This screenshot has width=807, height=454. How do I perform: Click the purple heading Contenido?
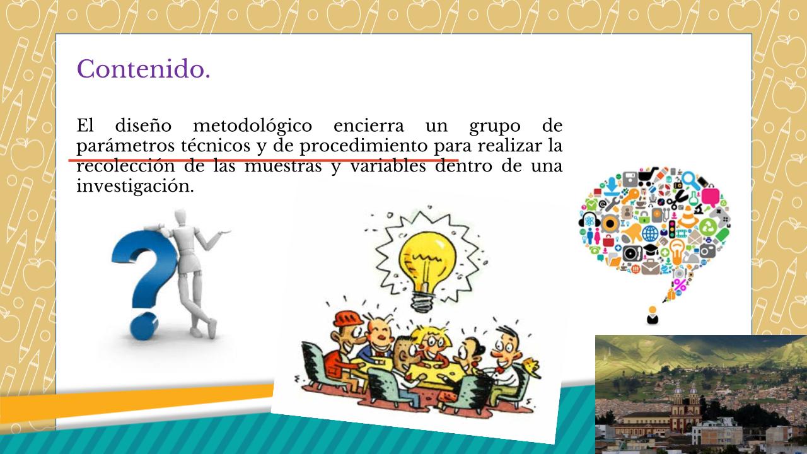point(143,69)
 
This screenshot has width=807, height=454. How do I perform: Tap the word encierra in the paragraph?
point(369,125)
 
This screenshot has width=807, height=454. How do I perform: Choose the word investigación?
point(135,187)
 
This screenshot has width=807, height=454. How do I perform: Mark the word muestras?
point(283,166)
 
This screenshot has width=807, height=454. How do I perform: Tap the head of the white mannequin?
point(180,218)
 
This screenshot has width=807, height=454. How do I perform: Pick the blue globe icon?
point(650,233)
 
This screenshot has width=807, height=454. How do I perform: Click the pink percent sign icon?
point(680,285)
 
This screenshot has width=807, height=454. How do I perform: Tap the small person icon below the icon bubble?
point(653,315)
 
